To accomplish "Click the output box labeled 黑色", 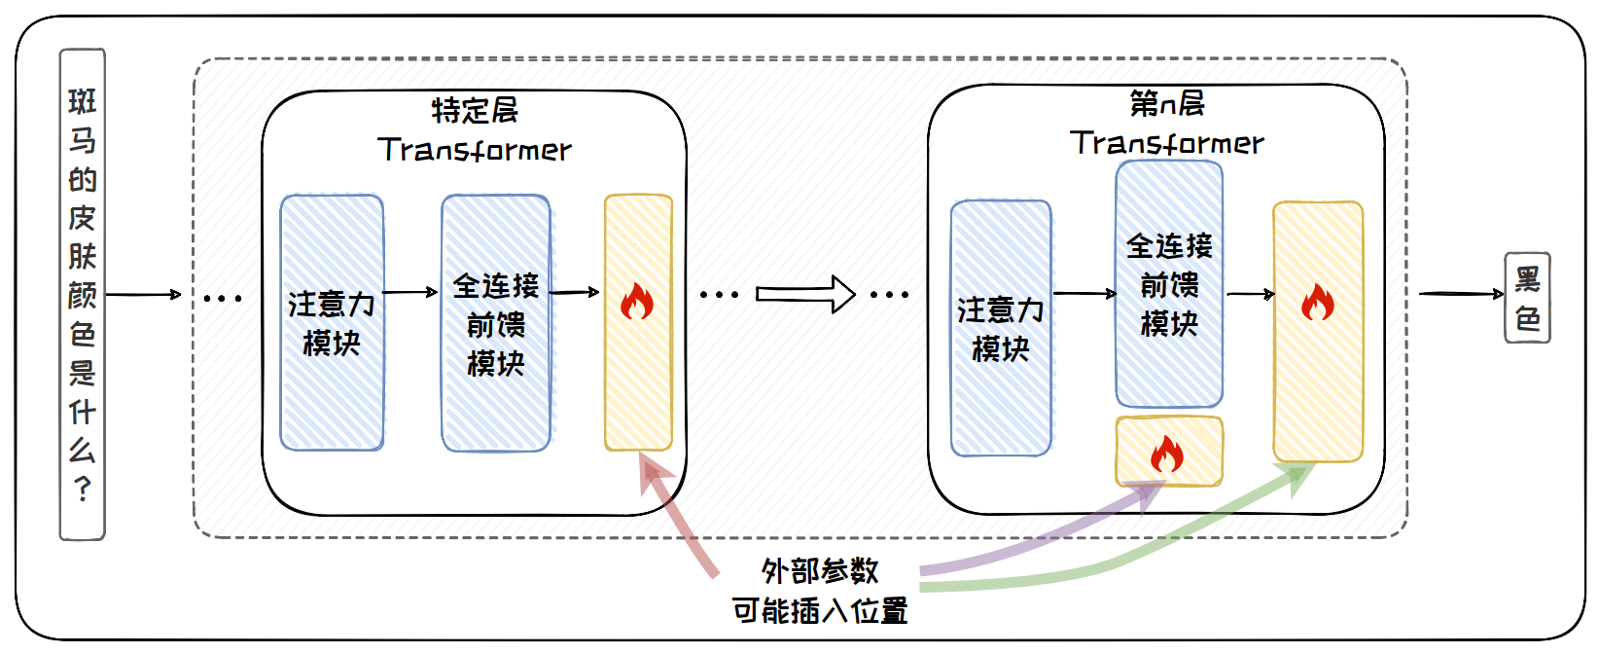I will point(1527,298).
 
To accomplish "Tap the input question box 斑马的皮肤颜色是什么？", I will point(83,294).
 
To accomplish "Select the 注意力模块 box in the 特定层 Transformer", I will point(332,323).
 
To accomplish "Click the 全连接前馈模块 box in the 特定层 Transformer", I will point(496,323).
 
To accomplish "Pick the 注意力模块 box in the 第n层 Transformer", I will point(1001,328).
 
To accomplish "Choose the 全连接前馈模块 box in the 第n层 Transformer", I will point(1169,284).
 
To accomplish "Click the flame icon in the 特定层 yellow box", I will point(637,302).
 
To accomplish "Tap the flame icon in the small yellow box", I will point(1167,453).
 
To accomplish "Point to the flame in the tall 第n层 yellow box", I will point(1318,303).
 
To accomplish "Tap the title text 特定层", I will point(475,110).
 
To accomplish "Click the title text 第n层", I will point(1167,103).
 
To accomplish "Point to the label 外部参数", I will point(820,570).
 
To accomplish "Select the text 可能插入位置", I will point(820,611).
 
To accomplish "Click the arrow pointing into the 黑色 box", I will point(1461,293).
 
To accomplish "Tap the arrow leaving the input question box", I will point(143,294).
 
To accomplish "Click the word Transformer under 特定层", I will point(475,150).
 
